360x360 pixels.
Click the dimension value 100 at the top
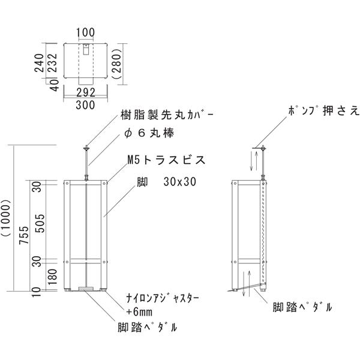click(x=85, y=32)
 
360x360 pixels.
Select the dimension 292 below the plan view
click(x=86, y=92)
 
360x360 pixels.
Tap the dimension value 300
click(x=85, y=105)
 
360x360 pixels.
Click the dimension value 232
click(x=53, y=63)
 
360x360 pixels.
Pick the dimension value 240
click(x=39, y=63)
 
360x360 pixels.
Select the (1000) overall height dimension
click(x=6, y=218)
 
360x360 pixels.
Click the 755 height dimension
click(x=24, y=235)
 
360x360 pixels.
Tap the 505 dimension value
click(x=41, y=223)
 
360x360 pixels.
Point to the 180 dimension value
click(x=53, y=277)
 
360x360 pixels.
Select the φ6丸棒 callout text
click(x=149, y=133)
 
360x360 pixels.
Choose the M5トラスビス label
click(x=166, y=160)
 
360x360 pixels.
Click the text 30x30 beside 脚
click(x=180, y=182)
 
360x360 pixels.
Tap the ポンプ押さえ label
click(x=323, y=111)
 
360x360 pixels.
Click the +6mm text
click(x=139, y=312)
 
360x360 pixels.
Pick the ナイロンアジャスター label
click(x=163, y=299)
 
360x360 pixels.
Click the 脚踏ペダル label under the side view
click(x=302, y=307)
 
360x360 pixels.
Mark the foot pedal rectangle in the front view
click(x=86, y=289)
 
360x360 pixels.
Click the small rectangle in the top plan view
click(x=86, y=49)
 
